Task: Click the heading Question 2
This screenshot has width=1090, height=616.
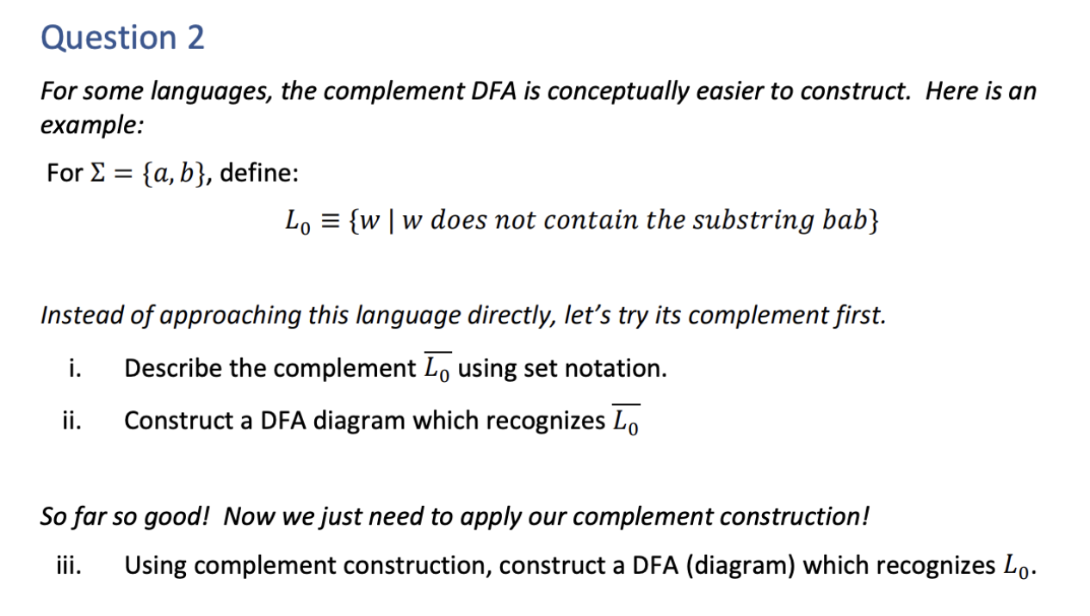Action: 122,38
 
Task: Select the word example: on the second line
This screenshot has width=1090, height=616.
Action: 91,125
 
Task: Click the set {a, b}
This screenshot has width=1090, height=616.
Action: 177,174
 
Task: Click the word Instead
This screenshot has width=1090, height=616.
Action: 82,315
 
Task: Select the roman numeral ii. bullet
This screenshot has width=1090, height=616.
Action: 72,421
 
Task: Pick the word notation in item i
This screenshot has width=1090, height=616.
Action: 618,368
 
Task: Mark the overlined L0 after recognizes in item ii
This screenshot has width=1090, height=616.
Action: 626,421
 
